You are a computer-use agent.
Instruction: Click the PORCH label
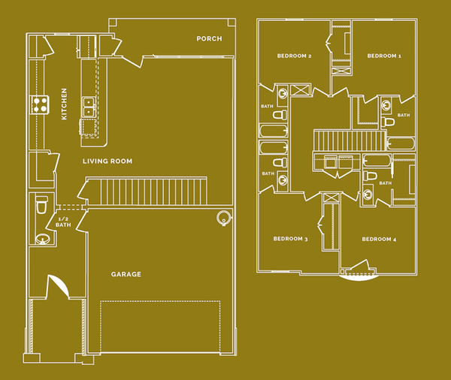tap(209, 39)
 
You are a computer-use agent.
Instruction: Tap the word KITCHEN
tap(65, 104)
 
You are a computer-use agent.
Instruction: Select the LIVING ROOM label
tap(107, 161)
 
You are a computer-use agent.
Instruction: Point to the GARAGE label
tap(126, 275)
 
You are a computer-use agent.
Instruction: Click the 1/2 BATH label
tap(64, 222)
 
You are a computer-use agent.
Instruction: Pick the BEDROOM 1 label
tap(383, 56)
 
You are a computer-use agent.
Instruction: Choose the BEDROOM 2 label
tap(294, 56)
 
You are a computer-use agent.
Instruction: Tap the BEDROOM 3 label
tap(290, 240)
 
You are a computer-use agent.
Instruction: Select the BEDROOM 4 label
tap(379, 240)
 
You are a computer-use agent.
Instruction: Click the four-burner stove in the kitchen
tap(39, 104)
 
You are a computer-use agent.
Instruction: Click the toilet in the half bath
tap(41, 204)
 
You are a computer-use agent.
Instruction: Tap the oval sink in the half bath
tap(42, 240)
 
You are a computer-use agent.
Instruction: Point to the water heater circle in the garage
tap(222, 219)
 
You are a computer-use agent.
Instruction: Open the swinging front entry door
tap(57, 287)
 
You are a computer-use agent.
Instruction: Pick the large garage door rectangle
tap(160, 326)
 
